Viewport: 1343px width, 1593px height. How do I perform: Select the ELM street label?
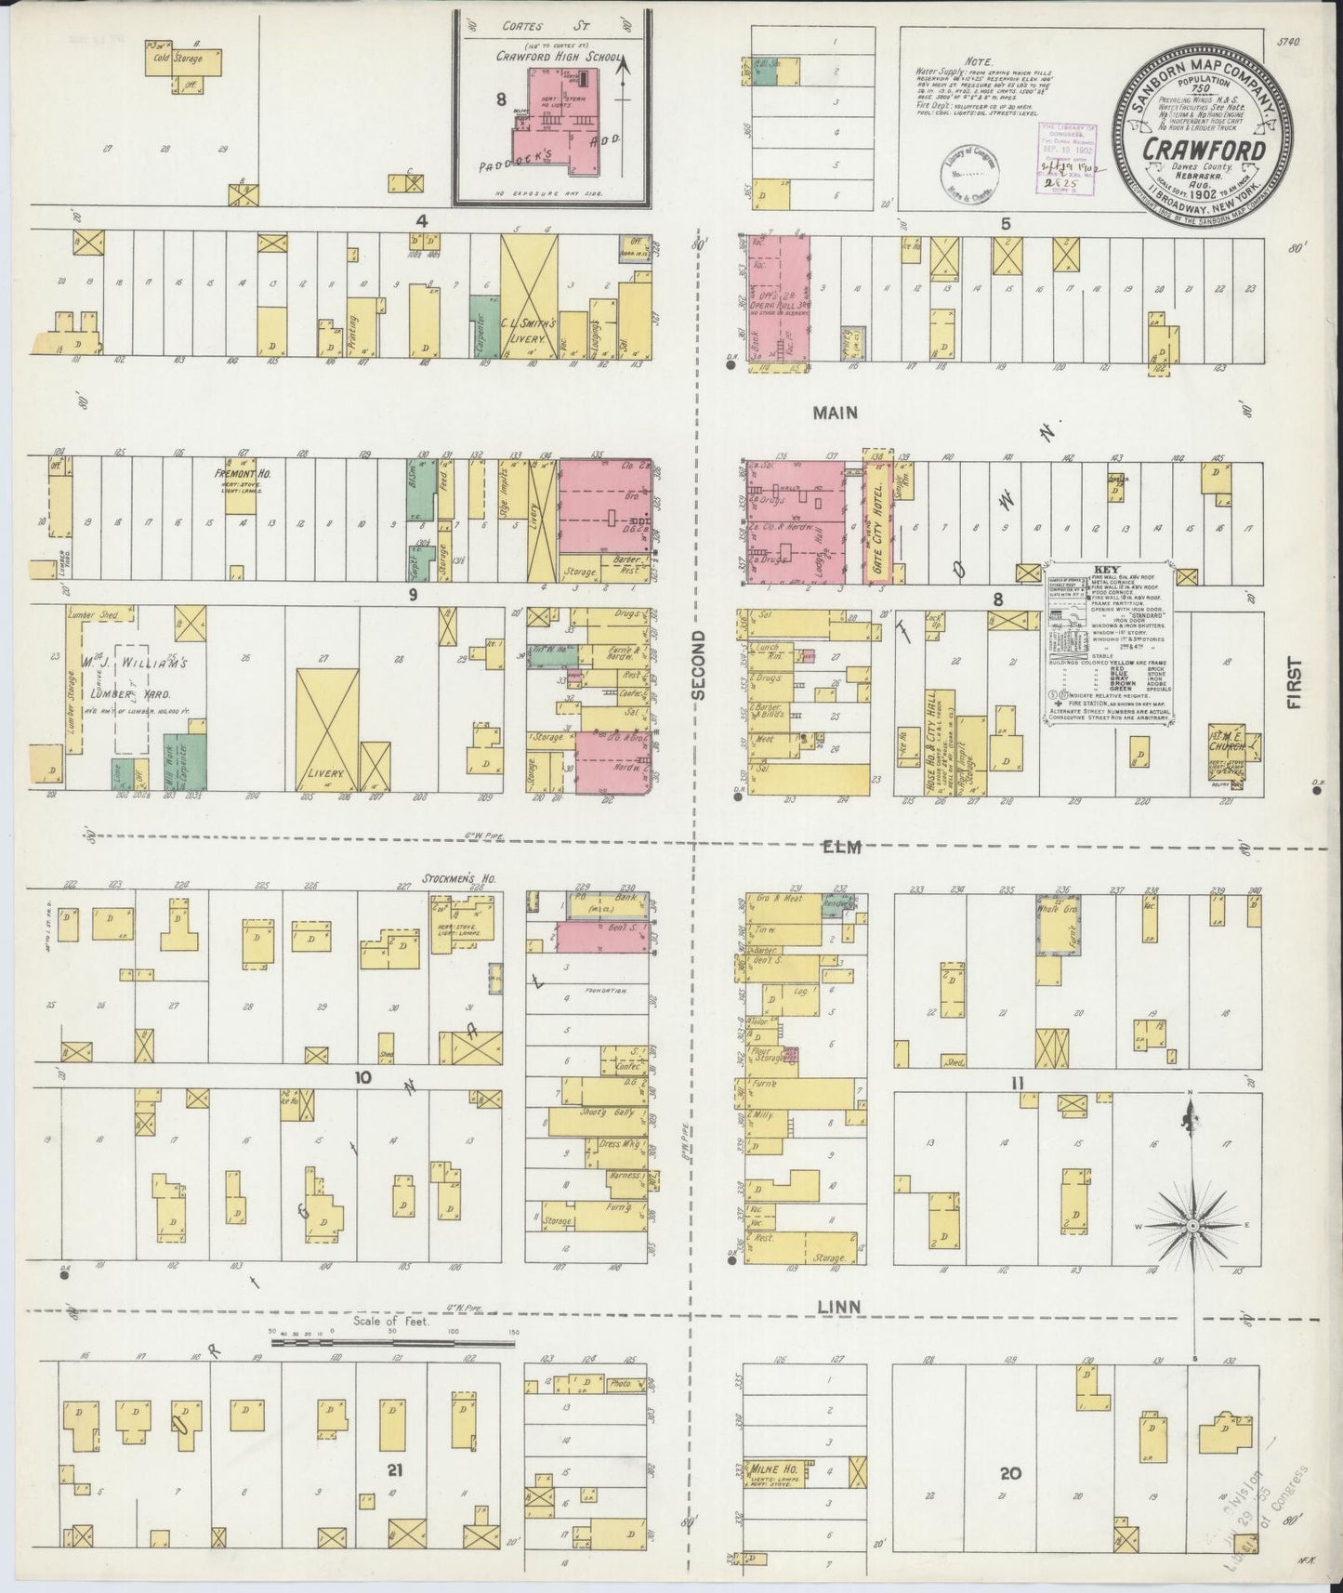coord(844,847)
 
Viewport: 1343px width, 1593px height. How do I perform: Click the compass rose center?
coord(1195,1227)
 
